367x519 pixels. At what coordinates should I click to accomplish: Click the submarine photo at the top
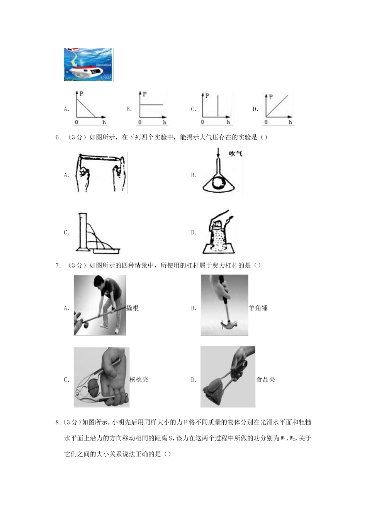[x=88, y=64]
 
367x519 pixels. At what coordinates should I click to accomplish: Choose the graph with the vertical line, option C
[x=216, y=109]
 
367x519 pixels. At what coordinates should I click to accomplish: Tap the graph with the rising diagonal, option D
[x=279, y=109]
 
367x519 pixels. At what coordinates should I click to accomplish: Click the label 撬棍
[x=133, y=308]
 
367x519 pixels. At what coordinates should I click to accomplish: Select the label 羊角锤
[x=258, y=308]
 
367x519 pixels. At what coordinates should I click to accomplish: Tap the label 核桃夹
[x=139, y=379]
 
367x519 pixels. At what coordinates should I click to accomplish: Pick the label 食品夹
[x=266, y=379]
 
